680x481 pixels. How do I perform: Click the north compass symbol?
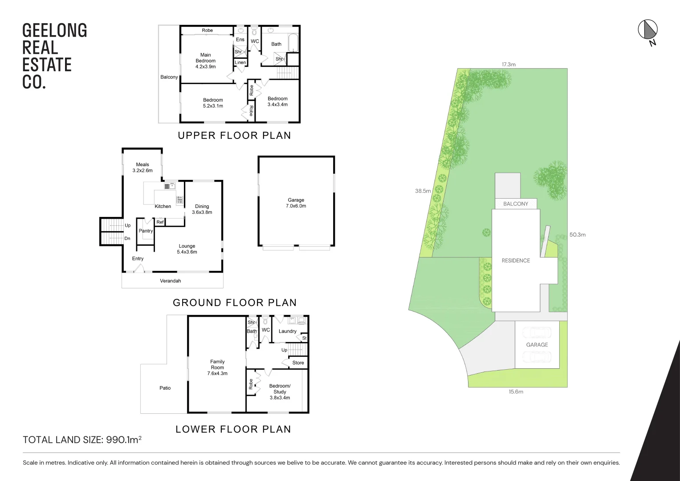tap(648, 30)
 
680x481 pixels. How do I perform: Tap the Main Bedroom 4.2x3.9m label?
tap(205, 61)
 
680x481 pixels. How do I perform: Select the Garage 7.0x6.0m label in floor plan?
tap(296, 203)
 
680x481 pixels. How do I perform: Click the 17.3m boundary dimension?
tap(509, 65)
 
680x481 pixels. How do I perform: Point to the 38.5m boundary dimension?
tap(423, 191)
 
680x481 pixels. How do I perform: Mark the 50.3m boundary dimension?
tap(578, 235)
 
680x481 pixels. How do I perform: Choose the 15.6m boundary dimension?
tap(516, 392)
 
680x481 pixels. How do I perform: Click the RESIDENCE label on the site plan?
tap(516, 261)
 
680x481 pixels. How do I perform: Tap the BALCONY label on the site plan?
tap(516, 204)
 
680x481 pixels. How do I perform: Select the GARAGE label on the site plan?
tap(537, 345)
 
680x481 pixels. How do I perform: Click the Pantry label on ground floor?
tap(146, 231)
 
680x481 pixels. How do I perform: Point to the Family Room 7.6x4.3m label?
tap(217, 367)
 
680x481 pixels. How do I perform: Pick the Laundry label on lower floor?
tap(287, 331)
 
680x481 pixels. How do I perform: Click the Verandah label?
tap(171, 281)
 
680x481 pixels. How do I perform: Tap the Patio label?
tap(165, 388)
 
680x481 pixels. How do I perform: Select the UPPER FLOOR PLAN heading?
tap(234, 135)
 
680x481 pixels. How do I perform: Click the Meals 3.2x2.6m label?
tap(143, 167)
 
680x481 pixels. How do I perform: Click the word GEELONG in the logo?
tap(55, 31)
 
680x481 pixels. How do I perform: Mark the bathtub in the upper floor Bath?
tap(293, 43)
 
